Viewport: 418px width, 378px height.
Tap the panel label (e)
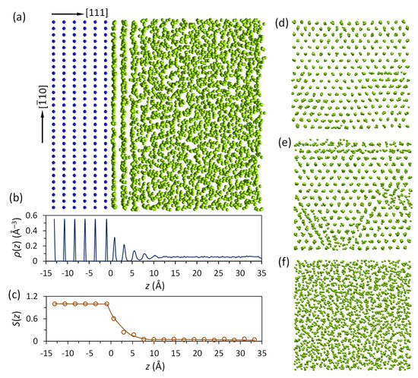point(283,143)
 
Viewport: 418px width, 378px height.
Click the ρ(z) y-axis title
point(9,238)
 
